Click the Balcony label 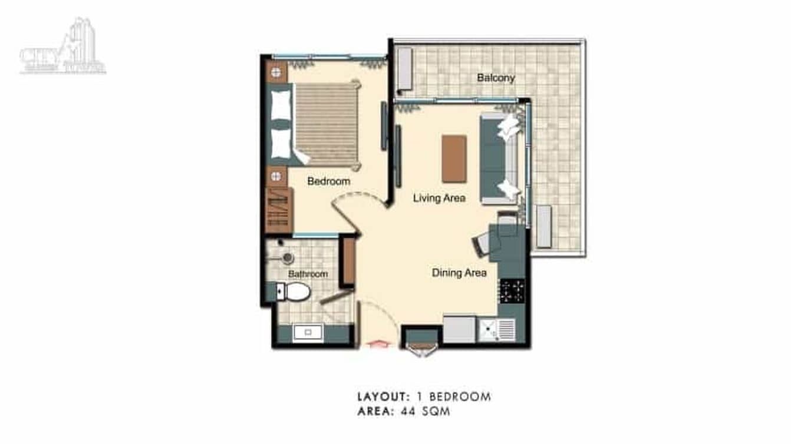pyautogui.click(x=496, y=78)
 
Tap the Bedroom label pyautogui.click(x=328, y=181)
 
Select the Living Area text pyautogui.click(x=439, y=198)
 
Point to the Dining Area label pyautogui.click(x=459, y=273)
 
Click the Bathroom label pyautogui.click(x=308, y=274)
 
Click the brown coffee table pyautogui.click(x=454, y=158)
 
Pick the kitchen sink pyautogui.click(x=496, y=330)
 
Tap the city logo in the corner pyautogui.click(x=63, y=49)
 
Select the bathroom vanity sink pyautogui.click(x=308, y=333)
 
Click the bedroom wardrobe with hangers pyautogui.click(x=279, y=210)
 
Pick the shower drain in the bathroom pyautogui.click(x=288, y=257)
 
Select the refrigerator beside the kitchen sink pyautogui.click(x=459, y=330)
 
